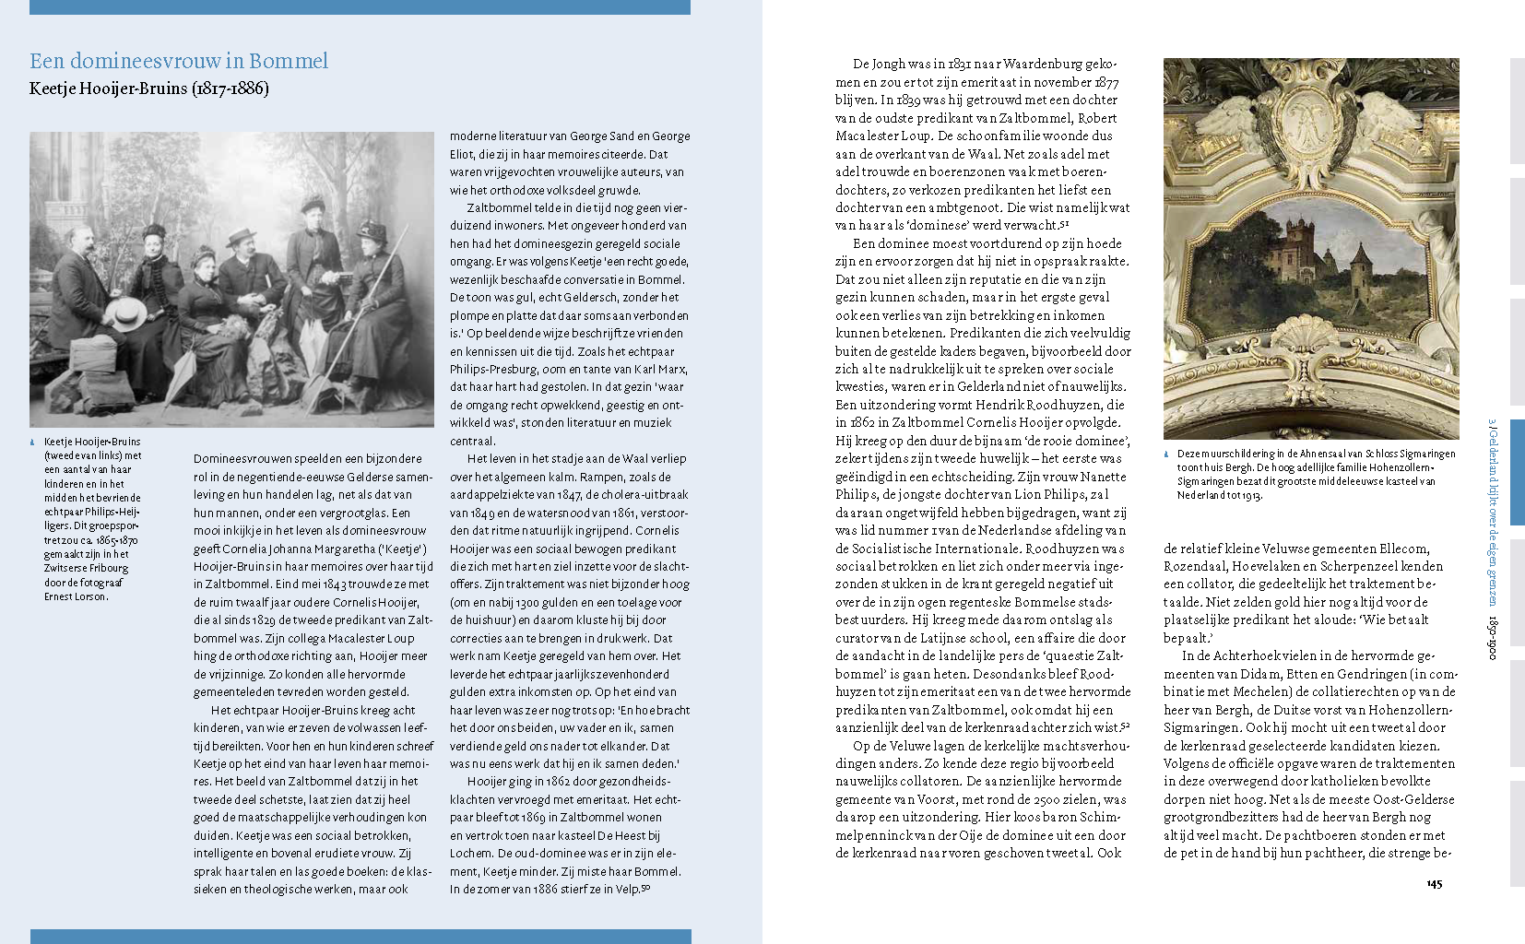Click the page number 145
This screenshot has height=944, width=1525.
click(1434, 883)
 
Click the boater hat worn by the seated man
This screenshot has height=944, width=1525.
click(242, 236)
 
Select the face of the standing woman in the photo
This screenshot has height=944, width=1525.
click(313, 213)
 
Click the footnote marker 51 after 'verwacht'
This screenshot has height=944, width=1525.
click(1064, 224)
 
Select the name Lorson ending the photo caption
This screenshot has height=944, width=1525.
click(90, 596)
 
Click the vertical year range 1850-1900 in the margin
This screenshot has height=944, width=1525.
click(1491, 636)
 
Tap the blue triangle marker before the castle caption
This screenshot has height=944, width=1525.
click(1166, 454)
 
